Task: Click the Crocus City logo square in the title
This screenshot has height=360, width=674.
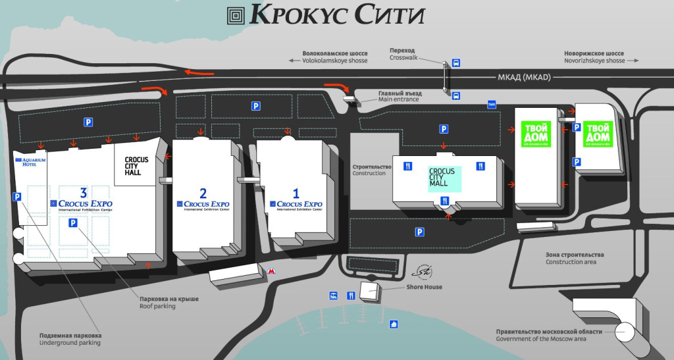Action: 236,15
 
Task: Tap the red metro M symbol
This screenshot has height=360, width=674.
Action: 271,270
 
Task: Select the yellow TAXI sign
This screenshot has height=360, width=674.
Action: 491,104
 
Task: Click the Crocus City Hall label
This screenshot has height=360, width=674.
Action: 137,167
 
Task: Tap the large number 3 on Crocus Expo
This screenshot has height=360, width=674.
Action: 83,192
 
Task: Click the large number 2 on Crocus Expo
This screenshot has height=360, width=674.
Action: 203,193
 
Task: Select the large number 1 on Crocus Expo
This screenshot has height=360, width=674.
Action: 296,193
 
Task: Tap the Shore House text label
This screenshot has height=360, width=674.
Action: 425,287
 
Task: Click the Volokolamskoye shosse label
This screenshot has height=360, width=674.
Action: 334,57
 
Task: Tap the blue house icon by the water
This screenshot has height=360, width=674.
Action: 394,323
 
